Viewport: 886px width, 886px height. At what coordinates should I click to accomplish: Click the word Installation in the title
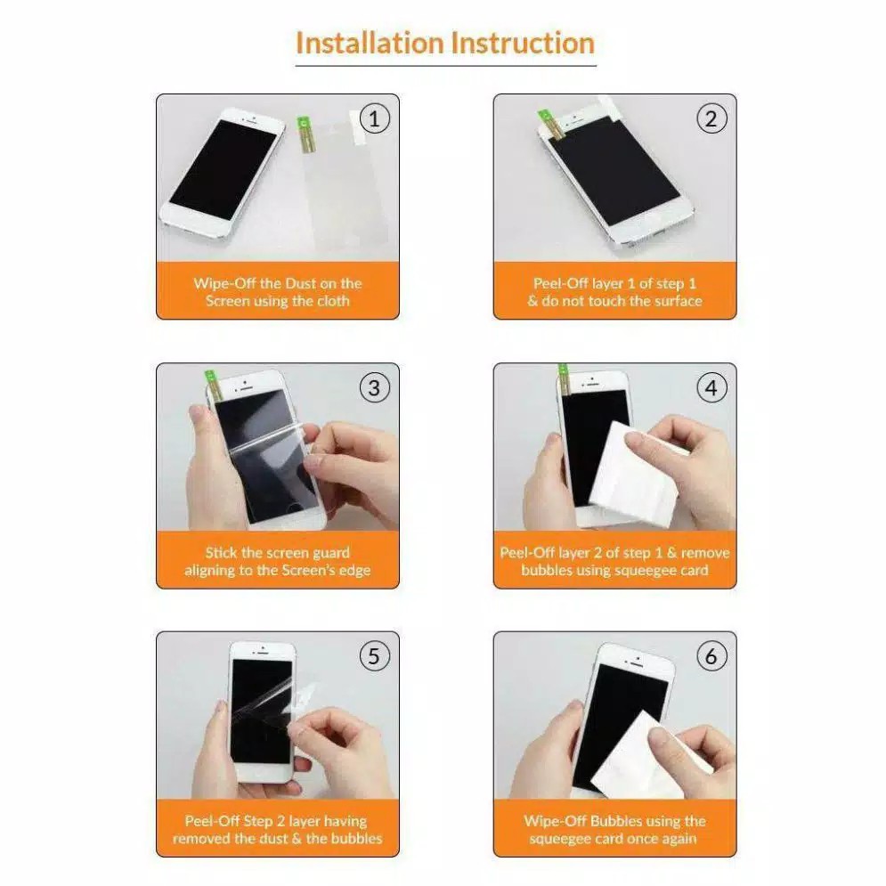coord(370,43)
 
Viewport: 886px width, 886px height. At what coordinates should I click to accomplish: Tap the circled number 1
coord(374,118)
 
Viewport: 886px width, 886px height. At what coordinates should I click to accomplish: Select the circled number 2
coord(711,118)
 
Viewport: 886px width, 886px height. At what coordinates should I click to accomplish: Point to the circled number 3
coord(374,387)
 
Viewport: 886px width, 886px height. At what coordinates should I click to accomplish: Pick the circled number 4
coord(711,387)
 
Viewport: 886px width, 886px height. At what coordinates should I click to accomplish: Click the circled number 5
coord(374,656)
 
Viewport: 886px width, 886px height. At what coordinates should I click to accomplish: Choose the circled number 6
coord(711,656)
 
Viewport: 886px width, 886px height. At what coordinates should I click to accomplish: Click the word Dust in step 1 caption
coord(301,283)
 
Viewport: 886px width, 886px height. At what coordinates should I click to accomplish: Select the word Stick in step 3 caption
coord(222,552)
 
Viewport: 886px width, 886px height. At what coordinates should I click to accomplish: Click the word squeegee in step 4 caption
coord(644,570)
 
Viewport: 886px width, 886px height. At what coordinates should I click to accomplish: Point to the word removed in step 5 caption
coord(200,839)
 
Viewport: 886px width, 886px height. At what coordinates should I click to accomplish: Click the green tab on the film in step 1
coord(304,124)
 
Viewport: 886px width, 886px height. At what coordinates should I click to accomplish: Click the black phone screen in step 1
coord(224,168)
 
